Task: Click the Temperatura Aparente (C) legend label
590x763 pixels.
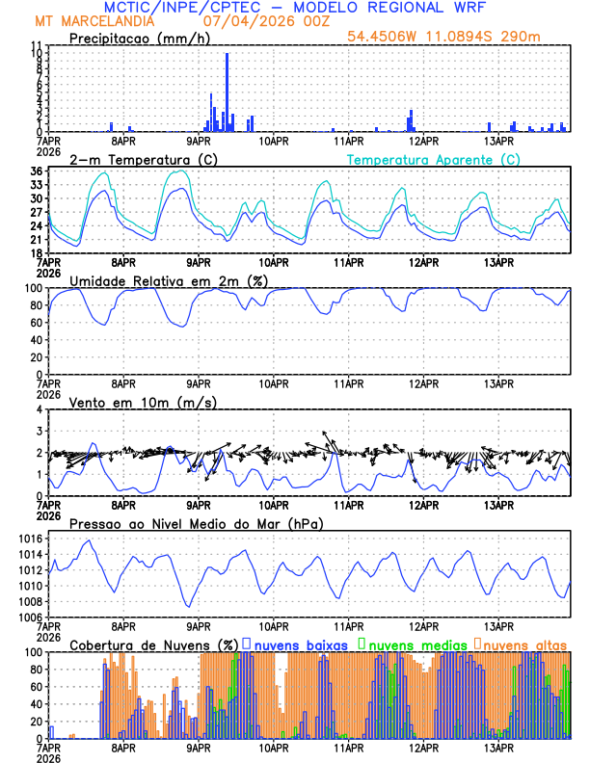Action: click(x=434, y=159)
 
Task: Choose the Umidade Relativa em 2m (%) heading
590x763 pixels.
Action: click(x=169, y=280)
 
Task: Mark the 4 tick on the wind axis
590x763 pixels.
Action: click(x=39, y=409)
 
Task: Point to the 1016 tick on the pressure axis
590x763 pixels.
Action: click(x=31, y=539)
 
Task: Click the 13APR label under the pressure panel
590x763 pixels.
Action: click(x=497, y=625)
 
